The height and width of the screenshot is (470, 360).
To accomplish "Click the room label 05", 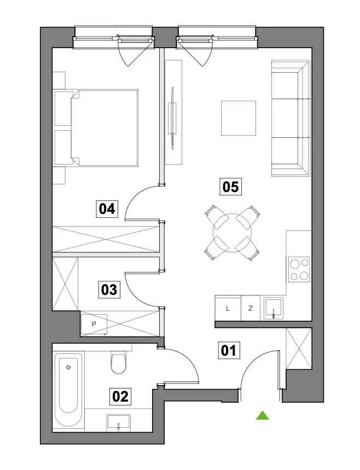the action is pos(230,187).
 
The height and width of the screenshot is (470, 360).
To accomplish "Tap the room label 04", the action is pos(107,208).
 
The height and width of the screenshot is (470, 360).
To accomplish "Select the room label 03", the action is pos(109,290).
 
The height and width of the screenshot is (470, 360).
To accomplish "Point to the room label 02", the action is pos(120,397).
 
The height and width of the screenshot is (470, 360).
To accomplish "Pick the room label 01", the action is pos(229,350).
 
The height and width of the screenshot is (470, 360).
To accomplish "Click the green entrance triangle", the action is pos(262,415).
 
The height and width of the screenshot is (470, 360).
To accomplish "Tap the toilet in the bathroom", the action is pos(119,362).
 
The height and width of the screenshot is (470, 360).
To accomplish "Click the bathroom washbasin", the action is pos(118,422).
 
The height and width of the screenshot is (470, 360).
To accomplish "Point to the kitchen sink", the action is pos(273,308).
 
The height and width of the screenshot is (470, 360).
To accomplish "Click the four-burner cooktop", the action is pos(299,270).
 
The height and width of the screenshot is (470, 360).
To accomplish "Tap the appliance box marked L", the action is pos(228,308).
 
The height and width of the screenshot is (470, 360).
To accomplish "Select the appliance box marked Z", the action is pos(251,308).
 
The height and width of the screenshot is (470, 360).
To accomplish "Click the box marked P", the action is pos(94,324).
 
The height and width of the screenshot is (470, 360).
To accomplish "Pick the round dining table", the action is pos(232,233).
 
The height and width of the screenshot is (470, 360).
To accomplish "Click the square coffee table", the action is pos(239,118).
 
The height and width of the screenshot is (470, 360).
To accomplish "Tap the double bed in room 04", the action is pos(96,127).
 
